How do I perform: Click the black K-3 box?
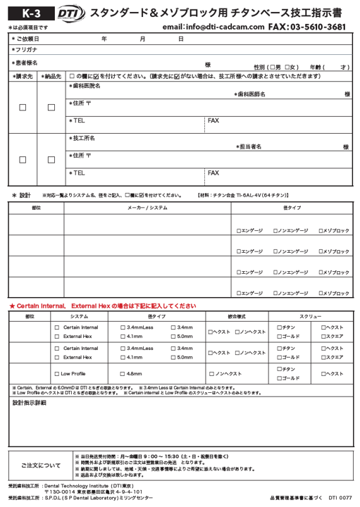pyautogui.click(x=25, y=13)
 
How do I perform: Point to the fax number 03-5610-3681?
pyautogui.click(x=316, y=27)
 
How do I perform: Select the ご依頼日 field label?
pyautogui.click(x=27, y=39)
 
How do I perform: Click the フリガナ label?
pyautogui.click(x=25, y=51)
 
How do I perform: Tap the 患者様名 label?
pyautogui.click(x=26, y=63)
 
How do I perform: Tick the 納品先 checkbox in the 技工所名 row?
pyautogui.click(x=51, y=160)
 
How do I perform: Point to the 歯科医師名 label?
pyautogui.click(x=252, y=94)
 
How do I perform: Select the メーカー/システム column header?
pyautogui.click(x=147, y=208)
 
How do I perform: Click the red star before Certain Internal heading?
pyautogui.click(x=11, y=306)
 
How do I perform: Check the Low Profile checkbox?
pyautogui.click(x=56, y=374)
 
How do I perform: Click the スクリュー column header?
pyautogui.click(x=310, y=317)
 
